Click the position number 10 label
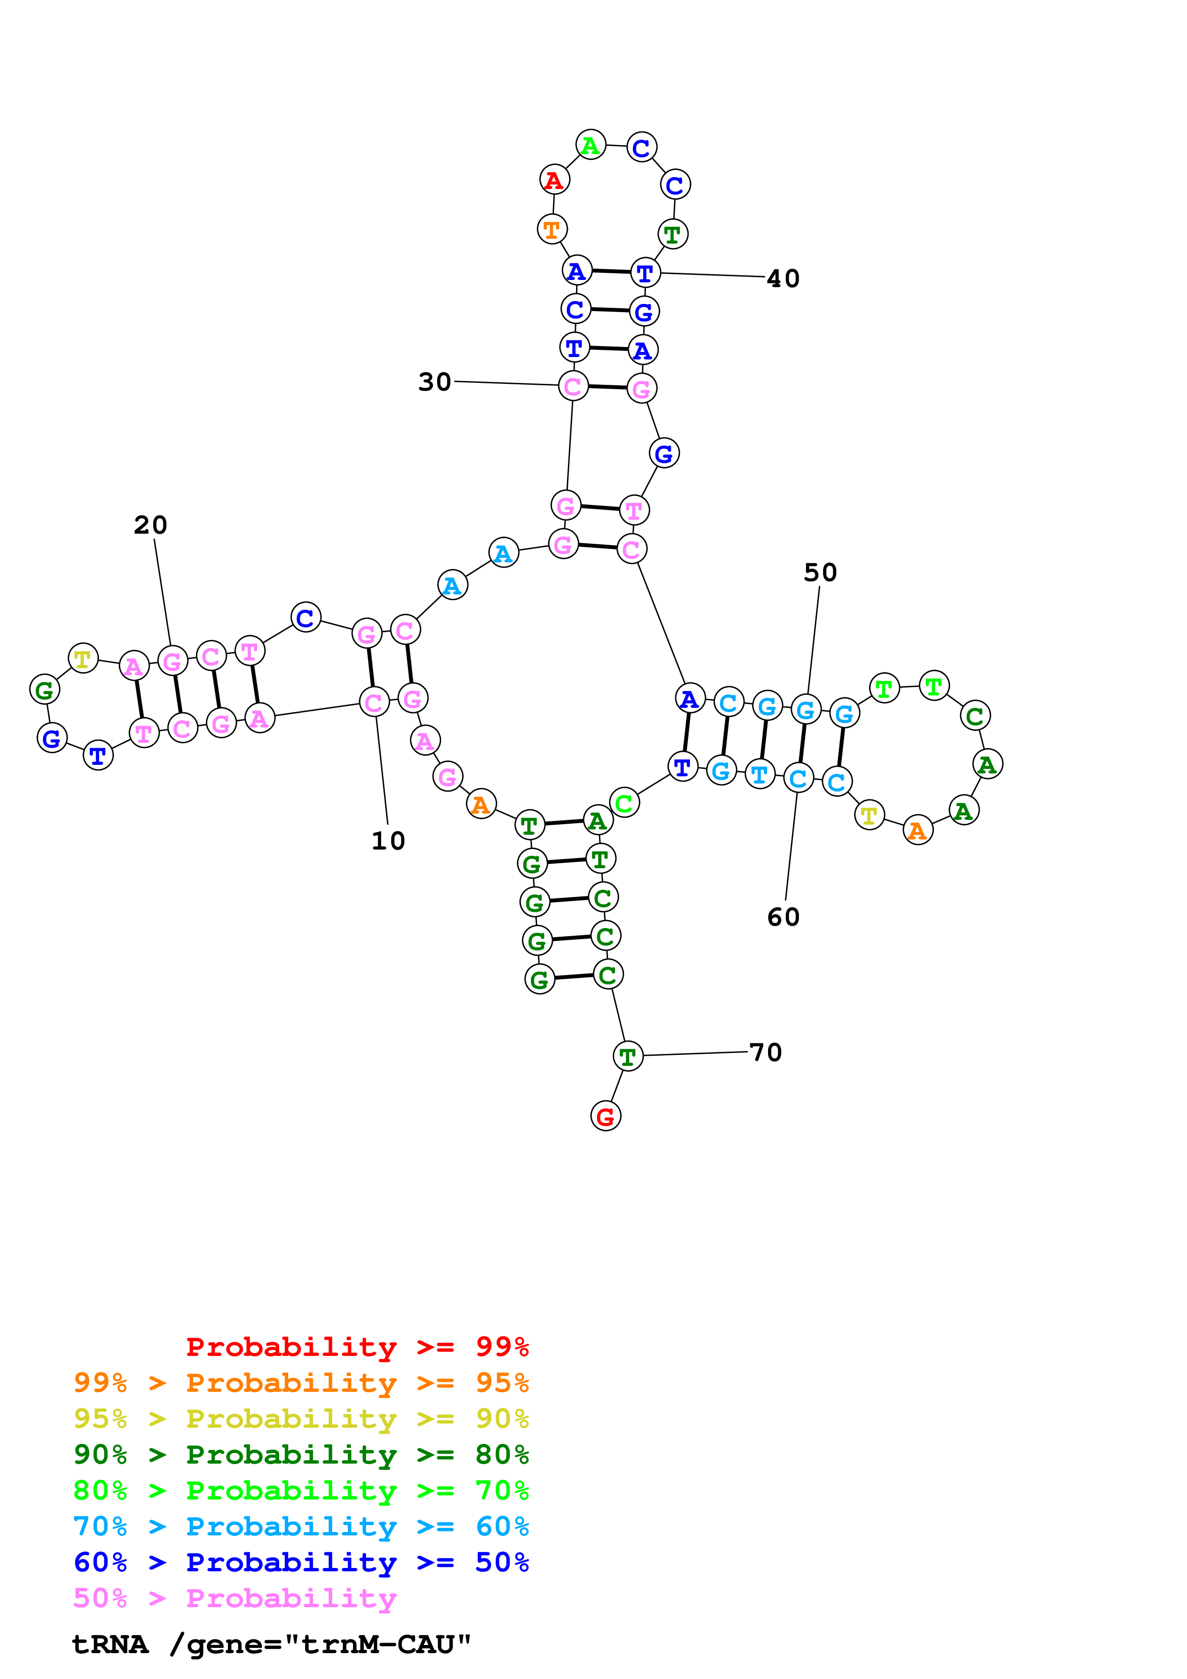tap(388, 841)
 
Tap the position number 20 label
tap(151, 525)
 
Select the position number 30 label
tap(434, 382)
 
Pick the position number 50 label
tap(820, 572)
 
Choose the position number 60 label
tap(783, 917)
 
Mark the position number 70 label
tap(766, 1052)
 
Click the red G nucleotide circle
tap(606, 1116)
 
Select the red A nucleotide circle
tap(554, 180)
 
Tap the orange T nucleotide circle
tap(552, 229)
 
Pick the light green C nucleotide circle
tap(624, 803)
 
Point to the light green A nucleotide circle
tap(590, 146)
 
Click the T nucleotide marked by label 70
tap(628, 1056)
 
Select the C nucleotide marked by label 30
tap(573, 386)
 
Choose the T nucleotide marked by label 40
tap(645, 273)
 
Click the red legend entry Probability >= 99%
tap(357, 1346)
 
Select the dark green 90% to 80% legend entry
tap(301, 1455)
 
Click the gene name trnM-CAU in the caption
tap(385, 1645)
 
